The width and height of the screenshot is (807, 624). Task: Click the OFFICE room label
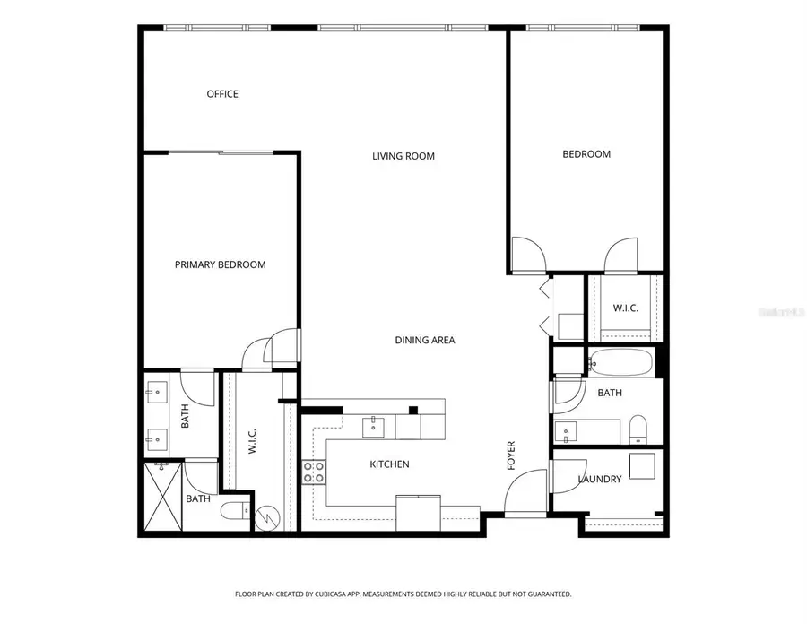(222, 94)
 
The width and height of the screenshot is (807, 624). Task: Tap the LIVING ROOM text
(403, 156)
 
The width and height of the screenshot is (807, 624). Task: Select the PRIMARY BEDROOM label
(220, 264)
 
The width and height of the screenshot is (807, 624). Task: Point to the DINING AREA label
(425, 340)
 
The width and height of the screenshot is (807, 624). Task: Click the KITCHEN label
(389, 464)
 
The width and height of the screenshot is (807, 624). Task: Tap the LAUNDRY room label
(599, 480)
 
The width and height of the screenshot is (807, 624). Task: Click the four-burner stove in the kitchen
(313, 472)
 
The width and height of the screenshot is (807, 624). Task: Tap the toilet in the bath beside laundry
(638, 430)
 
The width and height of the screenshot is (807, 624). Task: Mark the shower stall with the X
(162, 498)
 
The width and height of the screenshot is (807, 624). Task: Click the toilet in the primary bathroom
(233, 514)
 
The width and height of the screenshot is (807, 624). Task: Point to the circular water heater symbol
(268, 517)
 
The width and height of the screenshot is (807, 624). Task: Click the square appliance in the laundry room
(642, 467)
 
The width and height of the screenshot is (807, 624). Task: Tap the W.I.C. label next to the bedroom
(625, 308)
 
